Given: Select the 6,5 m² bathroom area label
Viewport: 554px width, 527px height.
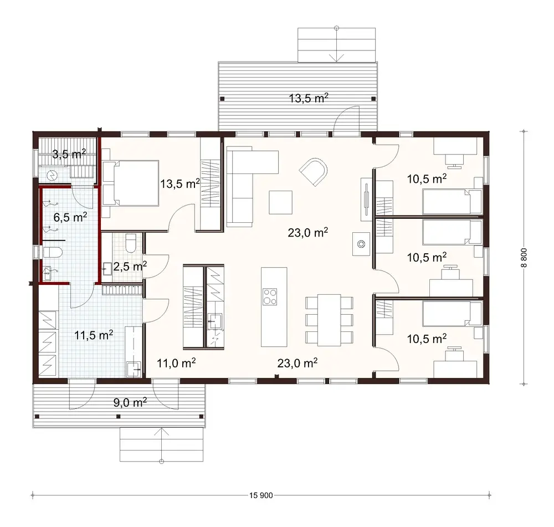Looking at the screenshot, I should click(x=70, y=217).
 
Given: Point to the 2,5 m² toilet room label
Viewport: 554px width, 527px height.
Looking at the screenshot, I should click(x=130, y=267).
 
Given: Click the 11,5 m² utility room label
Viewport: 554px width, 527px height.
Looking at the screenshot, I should click(x=94, y=334).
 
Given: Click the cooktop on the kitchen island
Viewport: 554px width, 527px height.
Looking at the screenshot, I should click(x=270, y=296).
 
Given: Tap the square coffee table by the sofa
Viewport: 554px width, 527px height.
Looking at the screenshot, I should click(x=281, y=202).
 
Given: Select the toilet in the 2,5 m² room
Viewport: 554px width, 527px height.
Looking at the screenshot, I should click(x=131, y=243).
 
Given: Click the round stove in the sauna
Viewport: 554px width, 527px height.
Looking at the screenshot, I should click(x=52, y=176).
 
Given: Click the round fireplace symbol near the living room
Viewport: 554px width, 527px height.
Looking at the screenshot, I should click(x=361, y=243).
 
